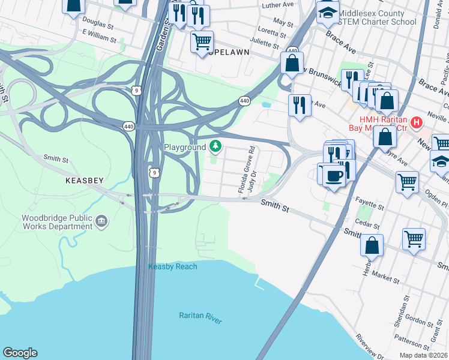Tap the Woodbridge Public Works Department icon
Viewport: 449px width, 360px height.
click(x=101, y=223)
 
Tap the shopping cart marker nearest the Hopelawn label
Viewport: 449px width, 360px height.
click(x=202, y=42)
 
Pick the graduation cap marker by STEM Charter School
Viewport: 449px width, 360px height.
click(x=328, y=13)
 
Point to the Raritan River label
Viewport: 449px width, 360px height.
click(x=200, y=317)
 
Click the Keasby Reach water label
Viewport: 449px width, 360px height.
click(x=173, y=266)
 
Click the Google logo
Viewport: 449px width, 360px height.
click(x=20, y=353)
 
